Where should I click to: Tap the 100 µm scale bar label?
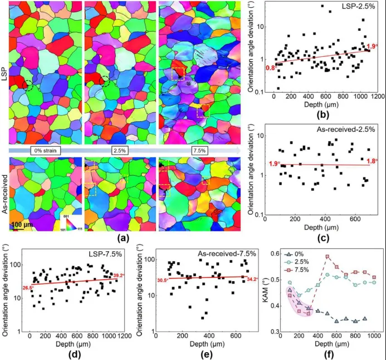(22, 224)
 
